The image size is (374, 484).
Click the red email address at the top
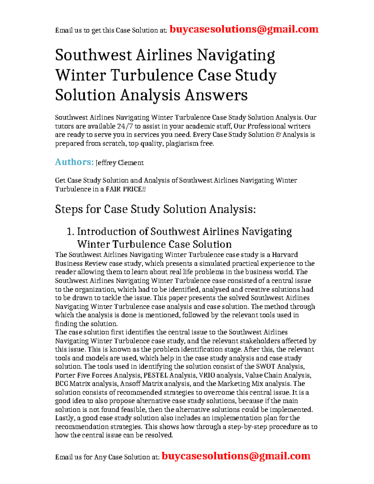coord(244,29)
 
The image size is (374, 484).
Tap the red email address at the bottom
coord(236,456)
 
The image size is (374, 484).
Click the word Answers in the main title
coord(216,95)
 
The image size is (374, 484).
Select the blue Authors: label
coord(74,162)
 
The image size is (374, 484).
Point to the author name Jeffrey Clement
coord(119,163)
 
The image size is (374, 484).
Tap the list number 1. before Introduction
coord(71,232)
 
